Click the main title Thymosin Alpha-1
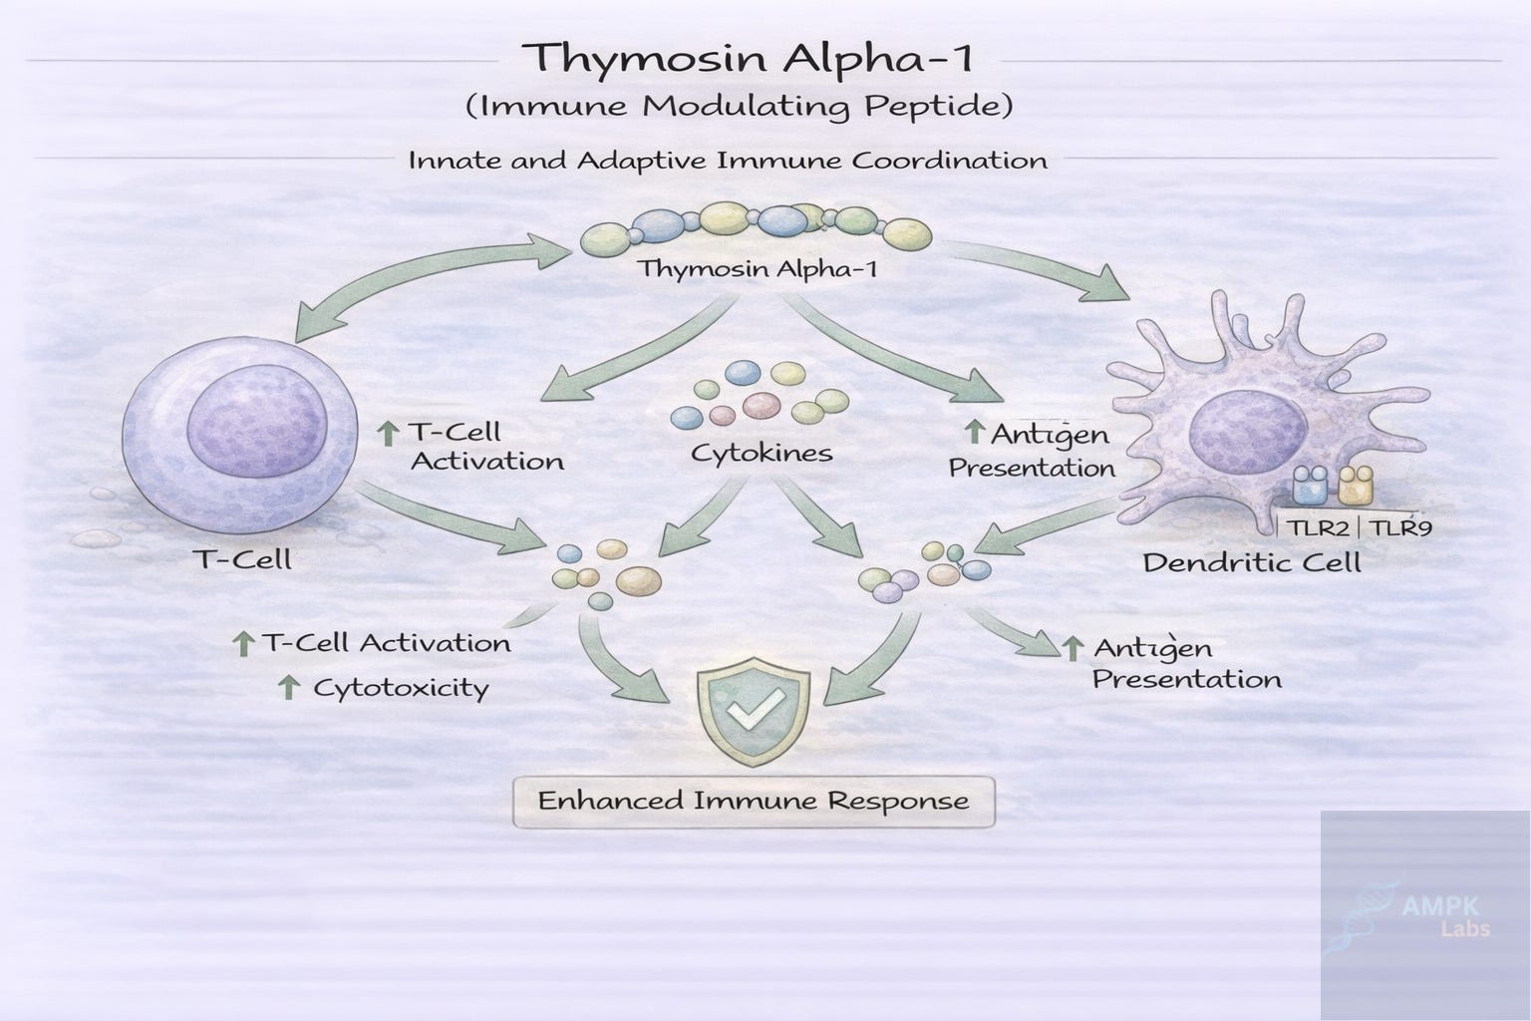coord(748,58)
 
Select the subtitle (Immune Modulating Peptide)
coord(739,106)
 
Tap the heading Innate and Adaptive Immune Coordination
coord(728,161)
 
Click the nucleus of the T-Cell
coord(257,426)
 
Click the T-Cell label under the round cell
coord(244,559)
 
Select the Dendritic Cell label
coord(1252,562)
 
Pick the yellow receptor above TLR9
coord(1356,485)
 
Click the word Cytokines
coord(762,454)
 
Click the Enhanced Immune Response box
coord(754,802)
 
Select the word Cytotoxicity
coord(402,688)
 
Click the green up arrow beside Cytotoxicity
coord(289,687)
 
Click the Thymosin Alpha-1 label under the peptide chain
coord(758,267)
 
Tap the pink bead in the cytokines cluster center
coord(762,405)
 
